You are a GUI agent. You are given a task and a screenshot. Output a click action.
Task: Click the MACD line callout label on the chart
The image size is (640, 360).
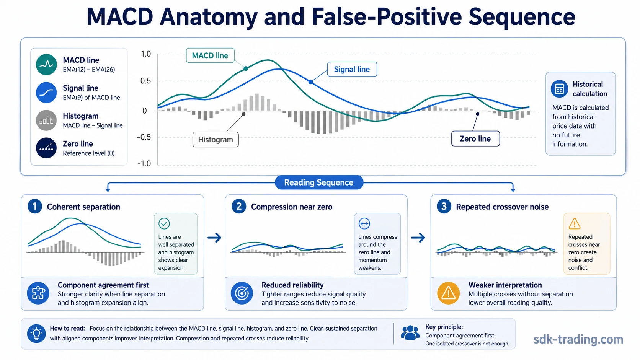[210, 55]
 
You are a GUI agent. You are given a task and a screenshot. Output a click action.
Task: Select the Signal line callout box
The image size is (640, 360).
[352, 69]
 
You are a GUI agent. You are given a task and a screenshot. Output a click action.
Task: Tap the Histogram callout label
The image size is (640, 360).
[216, 140]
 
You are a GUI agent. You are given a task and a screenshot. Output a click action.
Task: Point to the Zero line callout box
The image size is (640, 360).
[475, 139]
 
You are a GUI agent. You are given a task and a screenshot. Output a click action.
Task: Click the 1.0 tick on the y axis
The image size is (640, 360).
[146, 54]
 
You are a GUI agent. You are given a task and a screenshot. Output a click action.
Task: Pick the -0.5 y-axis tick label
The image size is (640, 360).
[144, 137]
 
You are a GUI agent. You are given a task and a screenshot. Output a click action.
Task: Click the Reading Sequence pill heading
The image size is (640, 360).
[319, 182]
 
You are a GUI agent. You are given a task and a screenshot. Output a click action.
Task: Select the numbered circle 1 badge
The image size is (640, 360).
[35, 207]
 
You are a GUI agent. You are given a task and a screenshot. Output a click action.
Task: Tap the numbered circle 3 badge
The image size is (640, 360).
[444, 207]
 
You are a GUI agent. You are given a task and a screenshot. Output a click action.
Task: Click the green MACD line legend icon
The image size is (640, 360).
[46, 65]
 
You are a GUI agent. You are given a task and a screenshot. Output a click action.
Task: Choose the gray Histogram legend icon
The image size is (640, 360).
[46, 120]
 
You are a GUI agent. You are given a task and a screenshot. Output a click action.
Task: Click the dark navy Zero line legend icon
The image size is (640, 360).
[46, 148]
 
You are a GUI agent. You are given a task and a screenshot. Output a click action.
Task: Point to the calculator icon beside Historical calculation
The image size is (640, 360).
[559, 89]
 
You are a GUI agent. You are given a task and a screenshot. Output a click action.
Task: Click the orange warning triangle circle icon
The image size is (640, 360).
[448, 293]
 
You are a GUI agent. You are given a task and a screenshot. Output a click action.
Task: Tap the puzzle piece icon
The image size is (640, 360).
[38, 293]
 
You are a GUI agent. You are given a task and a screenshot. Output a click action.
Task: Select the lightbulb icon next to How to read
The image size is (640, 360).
[36, 334]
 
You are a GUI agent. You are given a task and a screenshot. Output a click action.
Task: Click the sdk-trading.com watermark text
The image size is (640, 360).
[578, 339]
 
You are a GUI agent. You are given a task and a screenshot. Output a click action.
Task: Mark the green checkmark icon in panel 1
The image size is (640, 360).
[164, 223]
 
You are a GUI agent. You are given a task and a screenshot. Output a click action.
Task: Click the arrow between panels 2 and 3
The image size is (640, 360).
[418, 238]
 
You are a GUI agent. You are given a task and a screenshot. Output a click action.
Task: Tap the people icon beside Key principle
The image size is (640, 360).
[410, 333]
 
